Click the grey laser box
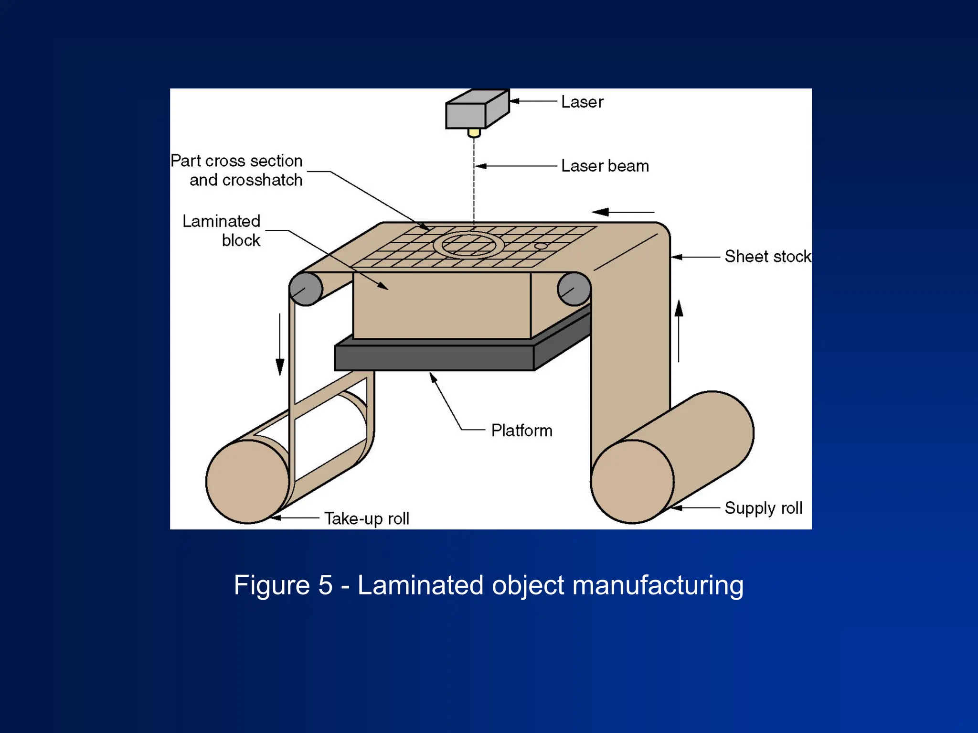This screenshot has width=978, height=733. click(466, 115)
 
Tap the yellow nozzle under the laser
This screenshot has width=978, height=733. click(474, 132)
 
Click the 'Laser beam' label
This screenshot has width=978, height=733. click(605, 166)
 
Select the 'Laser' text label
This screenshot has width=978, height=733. click(582, 102)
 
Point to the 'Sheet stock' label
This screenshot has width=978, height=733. click(767, 257)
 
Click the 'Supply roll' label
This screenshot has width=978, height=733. click(763, 508)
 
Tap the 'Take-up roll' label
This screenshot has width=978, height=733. click(367, 518)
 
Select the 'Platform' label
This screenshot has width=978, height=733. click(521, 431)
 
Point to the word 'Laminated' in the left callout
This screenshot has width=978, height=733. click(221, 221)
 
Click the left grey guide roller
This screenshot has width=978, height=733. click(306, 289)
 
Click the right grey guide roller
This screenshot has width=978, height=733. click(574, 289)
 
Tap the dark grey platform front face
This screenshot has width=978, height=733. click(434, 358)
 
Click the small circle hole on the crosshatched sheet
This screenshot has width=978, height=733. click(541, 247)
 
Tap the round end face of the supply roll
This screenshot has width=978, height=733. click(632, 482)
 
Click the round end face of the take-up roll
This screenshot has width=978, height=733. click(247, 482)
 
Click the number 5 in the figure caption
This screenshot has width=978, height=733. click(325, 585)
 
